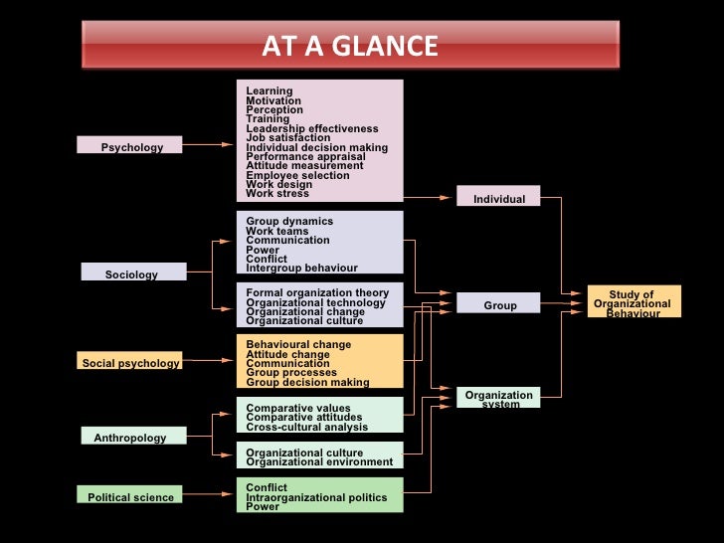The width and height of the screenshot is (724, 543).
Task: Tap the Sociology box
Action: point(132,272)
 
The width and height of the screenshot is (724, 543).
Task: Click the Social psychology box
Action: point(130,362)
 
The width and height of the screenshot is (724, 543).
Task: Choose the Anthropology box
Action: point(130,437)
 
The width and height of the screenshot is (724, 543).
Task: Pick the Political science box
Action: point(130,495)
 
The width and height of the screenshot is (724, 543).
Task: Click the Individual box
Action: point(498,197)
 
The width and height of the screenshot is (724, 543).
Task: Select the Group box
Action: point(499,304)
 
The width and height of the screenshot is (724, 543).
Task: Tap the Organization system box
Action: point(498,398)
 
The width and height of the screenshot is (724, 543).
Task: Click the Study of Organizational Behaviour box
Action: point(633,301)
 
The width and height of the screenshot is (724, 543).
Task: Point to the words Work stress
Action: point(277,194)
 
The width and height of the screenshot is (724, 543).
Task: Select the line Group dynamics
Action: point(289,221)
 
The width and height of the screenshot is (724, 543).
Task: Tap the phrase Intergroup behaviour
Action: point(301,268)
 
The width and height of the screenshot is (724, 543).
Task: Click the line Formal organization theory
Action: point(317,292)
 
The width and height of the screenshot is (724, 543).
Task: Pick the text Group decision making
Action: point(307,382)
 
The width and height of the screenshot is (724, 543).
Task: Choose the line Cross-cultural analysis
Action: point(306,427)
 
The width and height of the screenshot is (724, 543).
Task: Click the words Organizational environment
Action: point(319,461)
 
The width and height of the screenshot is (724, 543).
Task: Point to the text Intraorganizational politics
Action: point(316,496)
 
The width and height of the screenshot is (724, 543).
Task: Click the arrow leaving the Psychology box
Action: point(208,145)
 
